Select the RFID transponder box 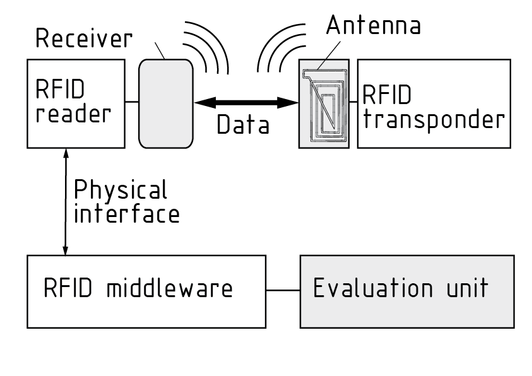tap(434, 103)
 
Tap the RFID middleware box tap(146, 291)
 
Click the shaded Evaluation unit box tap(406, 291)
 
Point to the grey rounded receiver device tap(165, 103)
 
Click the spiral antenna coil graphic tap(324, 104)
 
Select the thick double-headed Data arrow tap(245, 101)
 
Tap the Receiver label tap(84, 39)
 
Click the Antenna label tap(373, 26)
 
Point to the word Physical tap(121, 190)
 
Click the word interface tap(127, 214)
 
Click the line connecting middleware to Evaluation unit tap(283, 291)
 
